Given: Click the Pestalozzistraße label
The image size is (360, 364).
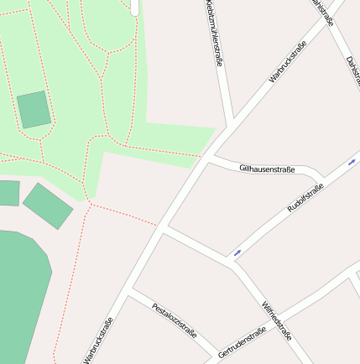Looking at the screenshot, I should click(x=174, y=320).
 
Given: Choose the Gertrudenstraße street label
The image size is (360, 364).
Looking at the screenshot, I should click(x=242, y=341).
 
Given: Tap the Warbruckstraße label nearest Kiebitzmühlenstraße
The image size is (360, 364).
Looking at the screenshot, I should click(x=287, y=60).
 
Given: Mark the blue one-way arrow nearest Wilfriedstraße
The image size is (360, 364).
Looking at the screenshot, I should click(x=237, y=252).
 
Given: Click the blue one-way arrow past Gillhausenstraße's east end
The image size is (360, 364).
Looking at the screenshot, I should click(x=352, y=161).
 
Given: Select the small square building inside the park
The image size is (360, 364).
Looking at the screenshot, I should click(x=34, y=110).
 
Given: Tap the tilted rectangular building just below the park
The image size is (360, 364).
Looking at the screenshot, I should click(x=48, y=205).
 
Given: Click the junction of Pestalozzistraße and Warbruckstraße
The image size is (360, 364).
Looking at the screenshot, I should click(x=128, y=295).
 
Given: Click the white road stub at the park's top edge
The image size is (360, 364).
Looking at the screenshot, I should click(x=134, y=7).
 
